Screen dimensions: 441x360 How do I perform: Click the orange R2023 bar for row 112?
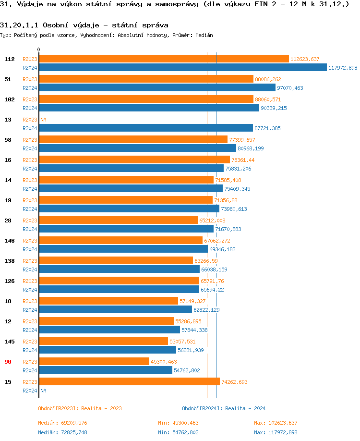tap(163, 59)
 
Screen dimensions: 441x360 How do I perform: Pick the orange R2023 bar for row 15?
tap(129, 381)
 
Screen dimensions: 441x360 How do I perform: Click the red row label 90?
tap(8, 362)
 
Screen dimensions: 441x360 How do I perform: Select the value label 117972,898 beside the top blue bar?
tap(343, 68)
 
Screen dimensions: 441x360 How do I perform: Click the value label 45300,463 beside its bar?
tap(164, 362)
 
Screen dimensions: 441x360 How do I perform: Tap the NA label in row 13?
tap(43, 120)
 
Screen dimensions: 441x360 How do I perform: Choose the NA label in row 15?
tap(43, 391)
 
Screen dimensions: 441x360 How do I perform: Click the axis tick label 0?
tap(39, 49)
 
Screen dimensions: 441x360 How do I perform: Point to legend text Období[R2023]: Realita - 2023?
tap(80, 408)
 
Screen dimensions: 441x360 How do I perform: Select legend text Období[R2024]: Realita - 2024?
tap(224, 408)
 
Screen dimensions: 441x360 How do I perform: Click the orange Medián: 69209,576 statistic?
tap(62, 423)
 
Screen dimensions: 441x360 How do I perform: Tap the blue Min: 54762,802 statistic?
tap(178, 432)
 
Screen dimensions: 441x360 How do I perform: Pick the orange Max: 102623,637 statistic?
tap(276, 423)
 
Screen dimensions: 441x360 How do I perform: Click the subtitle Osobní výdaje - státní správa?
tap(84, 24)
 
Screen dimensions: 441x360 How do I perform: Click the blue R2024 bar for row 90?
tap(105, 370)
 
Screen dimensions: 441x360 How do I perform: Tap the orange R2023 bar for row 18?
tap(108, 301)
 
